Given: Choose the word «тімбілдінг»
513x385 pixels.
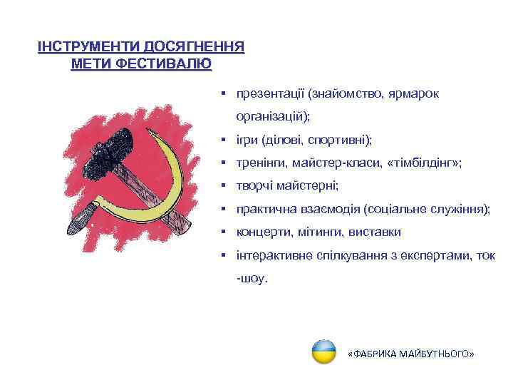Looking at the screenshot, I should pos(423,163).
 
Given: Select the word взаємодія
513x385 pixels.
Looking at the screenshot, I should pos(331,209).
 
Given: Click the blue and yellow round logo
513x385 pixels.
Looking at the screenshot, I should pos(324,351).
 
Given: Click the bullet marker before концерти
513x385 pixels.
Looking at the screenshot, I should pos(223,232).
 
